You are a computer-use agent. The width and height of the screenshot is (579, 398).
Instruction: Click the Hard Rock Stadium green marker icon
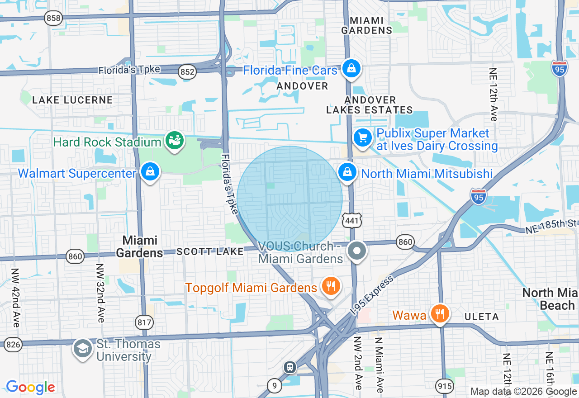(175, 141)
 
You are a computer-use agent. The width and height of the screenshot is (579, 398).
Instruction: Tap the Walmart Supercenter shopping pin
(150, 172)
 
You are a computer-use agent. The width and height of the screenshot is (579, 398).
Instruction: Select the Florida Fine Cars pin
(351, 69)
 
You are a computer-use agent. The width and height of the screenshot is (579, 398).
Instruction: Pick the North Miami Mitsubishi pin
(347, 172)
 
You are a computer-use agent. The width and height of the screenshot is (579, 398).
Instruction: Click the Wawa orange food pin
(439, 313)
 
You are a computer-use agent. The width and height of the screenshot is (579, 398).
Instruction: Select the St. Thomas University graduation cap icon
(83, 348)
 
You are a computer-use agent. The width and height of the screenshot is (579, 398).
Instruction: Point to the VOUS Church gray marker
(357, 250)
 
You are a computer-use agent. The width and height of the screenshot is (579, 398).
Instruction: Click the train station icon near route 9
(290, 367)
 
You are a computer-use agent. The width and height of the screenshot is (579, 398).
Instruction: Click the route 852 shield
(187, 72)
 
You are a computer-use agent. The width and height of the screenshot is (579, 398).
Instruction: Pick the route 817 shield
(144, 322)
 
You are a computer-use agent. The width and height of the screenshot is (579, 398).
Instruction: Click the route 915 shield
(444, 386)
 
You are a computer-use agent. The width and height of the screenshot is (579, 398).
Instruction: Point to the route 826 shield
(13, 345)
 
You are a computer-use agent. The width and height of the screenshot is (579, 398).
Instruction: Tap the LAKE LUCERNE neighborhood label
(72, 100)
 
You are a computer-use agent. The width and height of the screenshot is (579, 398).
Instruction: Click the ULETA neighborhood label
(481, 317)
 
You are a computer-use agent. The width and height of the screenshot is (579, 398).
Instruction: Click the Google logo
(30, 388)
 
